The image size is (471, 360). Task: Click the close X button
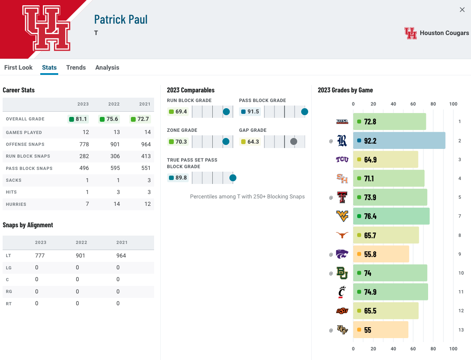tap(462, 10)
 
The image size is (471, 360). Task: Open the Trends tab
tap(76, 67)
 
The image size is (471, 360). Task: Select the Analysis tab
tap(107, 67)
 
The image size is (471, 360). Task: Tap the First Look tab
tap(18, 67)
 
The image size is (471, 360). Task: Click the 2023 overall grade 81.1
tap(78, 119)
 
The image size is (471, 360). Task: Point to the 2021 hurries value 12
tap(147, 204)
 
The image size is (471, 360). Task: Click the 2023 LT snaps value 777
tap(40, 255)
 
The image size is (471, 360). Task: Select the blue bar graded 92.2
tap(399, 141)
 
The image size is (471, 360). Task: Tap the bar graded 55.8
tap(381, 254)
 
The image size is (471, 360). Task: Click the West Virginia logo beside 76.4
tap(342, 216)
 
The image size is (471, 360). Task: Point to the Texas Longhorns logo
tap(342, 235)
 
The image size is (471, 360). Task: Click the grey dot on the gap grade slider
tap(294, 141)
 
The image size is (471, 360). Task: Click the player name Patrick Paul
tap(121, 20)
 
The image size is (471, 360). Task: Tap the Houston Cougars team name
tap(444, 33)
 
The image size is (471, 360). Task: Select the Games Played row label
tap(24, 132)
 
